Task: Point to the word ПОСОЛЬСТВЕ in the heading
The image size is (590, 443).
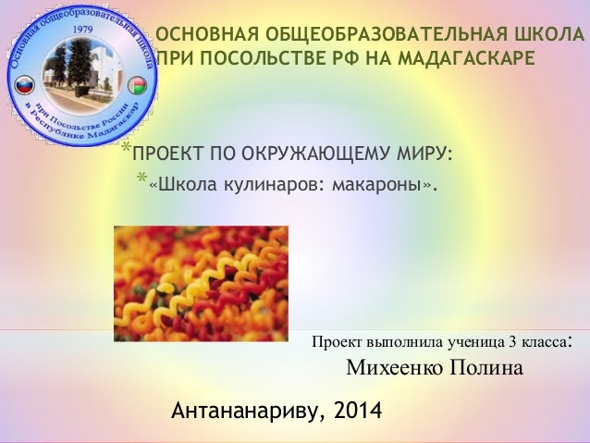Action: point(265,59)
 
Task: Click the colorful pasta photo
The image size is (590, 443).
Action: point(200,271)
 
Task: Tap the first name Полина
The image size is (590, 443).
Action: point(487,368)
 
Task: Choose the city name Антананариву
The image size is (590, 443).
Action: point(244,409)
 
